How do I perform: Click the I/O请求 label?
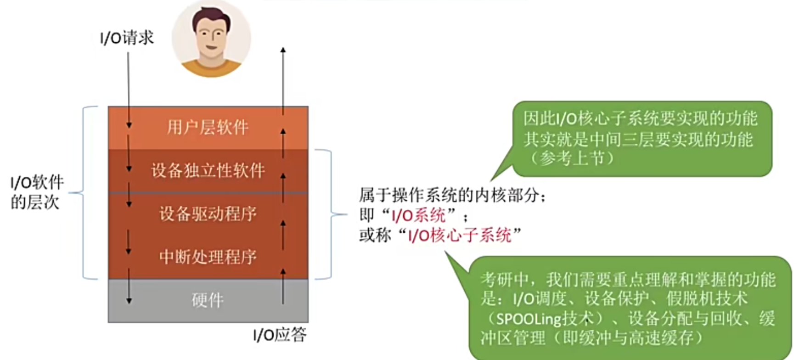click(x=127, y=38)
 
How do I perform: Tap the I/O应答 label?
click(x=280, y=335)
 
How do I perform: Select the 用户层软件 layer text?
click(x=208, y=127)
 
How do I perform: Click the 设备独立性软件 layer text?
click(x=208, y=171)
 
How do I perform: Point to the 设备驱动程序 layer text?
click(x=208, y=214)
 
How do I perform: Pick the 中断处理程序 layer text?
click(x=208, y=257)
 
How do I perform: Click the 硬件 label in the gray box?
click(x=208, y=300)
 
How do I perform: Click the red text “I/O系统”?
click(x=418, y=215)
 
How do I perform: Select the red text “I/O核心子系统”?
click(x=460, y=236)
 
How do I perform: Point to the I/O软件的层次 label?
click(x=36, y=192)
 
